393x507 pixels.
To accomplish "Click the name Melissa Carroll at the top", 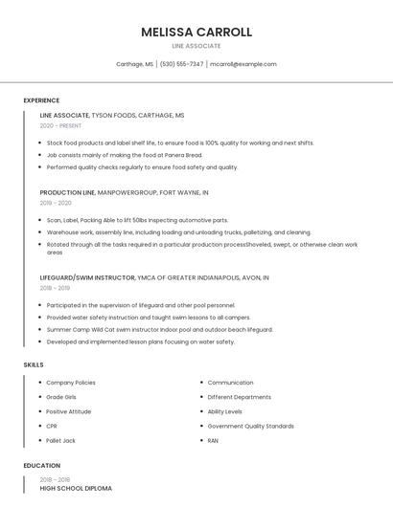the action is tap(196, 32).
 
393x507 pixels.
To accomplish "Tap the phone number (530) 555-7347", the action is tap(181, 64).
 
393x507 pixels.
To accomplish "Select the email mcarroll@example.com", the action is tap(243, 64).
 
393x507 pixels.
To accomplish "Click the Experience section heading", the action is tap(41, 100).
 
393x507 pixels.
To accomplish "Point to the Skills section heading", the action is tap(34, 364).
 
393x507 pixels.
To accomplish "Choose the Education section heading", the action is tap(41, 466).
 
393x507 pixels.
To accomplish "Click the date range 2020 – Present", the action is tap(60, 125).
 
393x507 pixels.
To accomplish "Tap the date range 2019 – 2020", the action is tap(56, 203).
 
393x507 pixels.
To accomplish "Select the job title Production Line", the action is tap(67, 192).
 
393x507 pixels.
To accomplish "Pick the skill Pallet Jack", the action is tap(61, 440).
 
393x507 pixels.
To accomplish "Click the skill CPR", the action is tap(52, 426).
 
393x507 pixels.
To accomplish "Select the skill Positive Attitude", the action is tap(69, 411).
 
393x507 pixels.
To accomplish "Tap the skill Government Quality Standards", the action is tap(250, 426).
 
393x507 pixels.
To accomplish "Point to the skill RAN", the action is tap(213, 440).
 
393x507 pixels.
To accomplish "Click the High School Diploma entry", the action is tap(76, 488).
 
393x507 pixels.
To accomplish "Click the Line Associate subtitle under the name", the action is tap(196, 46).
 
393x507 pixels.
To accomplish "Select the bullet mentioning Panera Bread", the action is tap(125, 155).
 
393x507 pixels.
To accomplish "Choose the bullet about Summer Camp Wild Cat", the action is tap(159, 329).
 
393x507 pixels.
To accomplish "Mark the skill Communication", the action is tap(230, 383).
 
